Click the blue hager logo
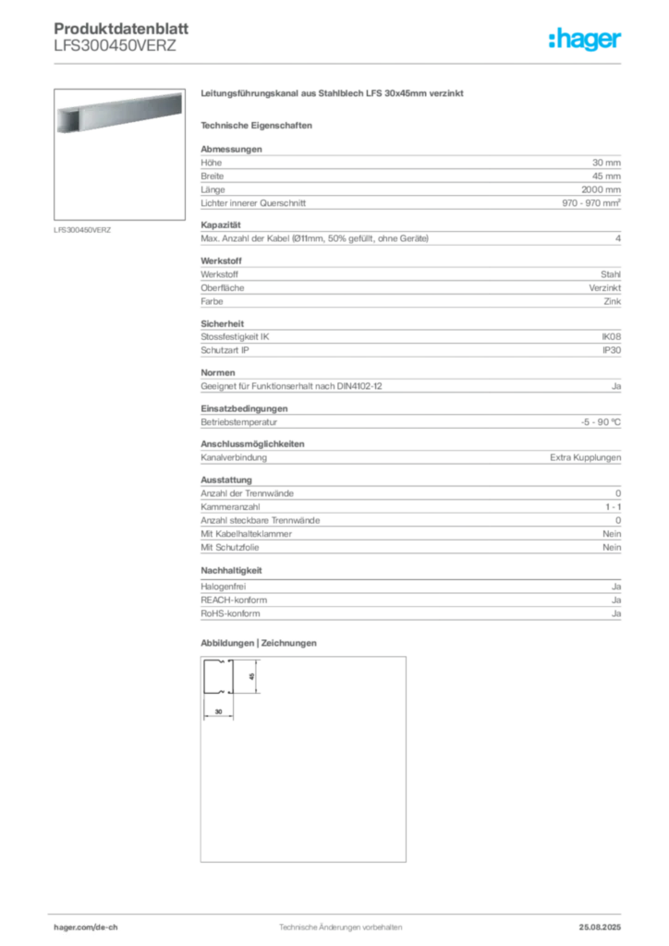click(x=587, y=41)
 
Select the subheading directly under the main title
click(x=259, y=125)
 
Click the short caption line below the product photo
click(x=85, y=229)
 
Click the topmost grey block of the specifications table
click(x=410, y=179)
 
